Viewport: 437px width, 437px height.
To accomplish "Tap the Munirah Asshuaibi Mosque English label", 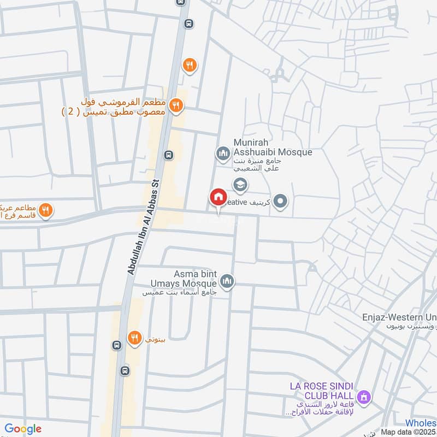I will tap(273, 147).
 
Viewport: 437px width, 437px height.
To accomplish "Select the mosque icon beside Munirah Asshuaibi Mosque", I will tap(222, 153).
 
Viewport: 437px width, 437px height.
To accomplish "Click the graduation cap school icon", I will tap(240, 185).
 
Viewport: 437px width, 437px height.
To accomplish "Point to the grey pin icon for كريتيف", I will tap(281, 202).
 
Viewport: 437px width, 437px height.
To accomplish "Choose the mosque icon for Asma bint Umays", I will tap(227, 282).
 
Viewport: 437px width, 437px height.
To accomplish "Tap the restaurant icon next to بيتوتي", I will tap(134, 338).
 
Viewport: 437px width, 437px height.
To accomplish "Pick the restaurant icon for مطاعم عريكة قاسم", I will tap(46, 209).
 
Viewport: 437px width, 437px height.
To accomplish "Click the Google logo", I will tap(23, 429).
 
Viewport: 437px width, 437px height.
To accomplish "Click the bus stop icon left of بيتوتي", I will tap(116, 345).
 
